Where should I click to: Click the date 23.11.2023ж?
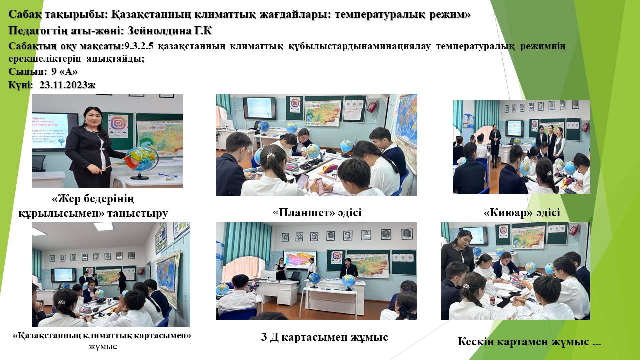pyautogui.click(x=67, y=85)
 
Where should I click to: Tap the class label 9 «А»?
pyautogui.click(x=64, y=71)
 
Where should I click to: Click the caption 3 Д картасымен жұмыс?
pyautogui.click(x=324, y=337)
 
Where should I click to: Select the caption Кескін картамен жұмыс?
pyautogui.click(x=523, y=342)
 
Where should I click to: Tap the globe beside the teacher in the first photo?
pyautogui.click(x=142, y=160)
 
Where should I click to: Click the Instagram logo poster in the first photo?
pyautogui.click(x=118, y=125)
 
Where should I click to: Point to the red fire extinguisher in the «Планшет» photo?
pyautogui.click(x=372, y=106)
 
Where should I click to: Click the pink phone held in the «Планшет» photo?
pyautogui.click(x=320, y=186)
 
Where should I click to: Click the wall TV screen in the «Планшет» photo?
pyautogui.click(x=259, y=108)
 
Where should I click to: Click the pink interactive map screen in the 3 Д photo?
pyautogui.click(x=300, y=260)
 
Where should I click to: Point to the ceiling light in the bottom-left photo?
pyautogui.click(x=103, y=227)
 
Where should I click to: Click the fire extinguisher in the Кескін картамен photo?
pyautogui.click(x=575, y=230)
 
